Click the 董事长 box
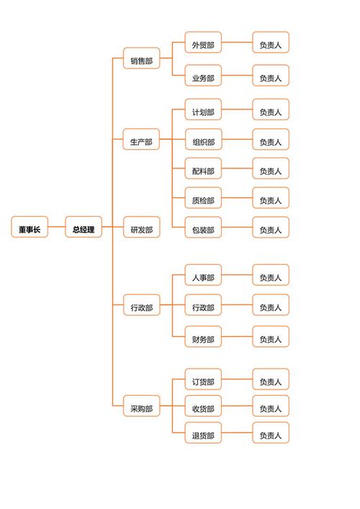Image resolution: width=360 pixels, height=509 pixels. coord(30,230)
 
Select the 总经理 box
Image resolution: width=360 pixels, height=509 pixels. coord(84,230)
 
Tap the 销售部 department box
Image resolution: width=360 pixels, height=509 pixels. coord(141,61)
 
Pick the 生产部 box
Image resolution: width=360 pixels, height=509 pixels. coord(141,142)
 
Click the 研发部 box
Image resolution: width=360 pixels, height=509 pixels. coord(141,230)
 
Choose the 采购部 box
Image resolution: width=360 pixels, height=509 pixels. coord(141,407)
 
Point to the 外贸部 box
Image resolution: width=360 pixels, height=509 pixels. coord(203,45)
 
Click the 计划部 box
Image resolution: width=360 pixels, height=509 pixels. coord(203,112)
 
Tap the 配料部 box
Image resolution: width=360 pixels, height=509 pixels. coord(203,171)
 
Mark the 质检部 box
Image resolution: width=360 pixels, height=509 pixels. coord(203,200)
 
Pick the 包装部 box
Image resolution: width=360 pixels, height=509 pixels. coord(203,230)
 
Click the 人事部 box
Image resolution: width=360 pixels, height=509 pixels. coord(203,277)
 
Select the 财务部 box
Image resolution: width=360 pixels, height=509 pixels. coord(203,338)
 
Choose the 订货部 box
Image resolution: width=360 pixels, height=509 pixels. coord(203,382)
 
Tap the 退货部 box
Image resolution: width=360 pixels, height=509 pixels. coord(203,435)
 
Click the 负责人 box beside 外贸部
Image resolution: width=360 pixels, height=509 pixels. coord(270,45)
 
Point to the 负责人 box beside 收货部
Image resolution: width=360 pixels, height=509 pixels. coord(270,408)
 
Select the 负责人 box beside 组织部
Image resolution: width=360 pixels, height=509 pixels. coord(270,142)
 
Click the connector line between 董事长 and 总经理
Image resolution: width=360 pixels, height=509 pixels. coord(56,230)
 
